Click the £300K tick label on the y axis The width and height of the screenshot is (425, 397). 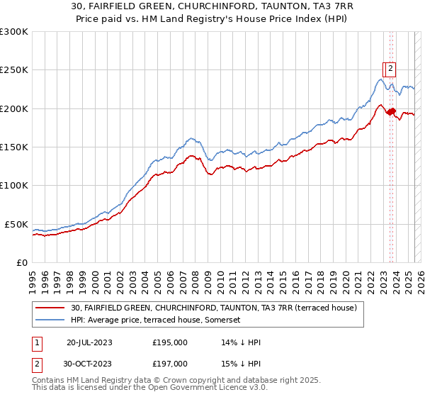[14, 32]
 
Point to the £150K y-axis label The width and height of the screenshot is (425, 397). [14, 147]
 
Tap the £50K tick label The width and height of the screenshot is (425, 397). [17, 224]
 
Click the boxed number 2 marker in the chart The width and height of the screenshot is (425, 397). [390, 69]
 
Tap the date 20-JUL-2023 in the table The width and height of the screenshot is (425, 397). [89, 342]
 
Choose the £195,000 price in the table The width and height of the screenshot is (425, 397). [170, 342]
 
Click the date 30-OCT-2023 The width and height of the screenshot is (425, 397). [89, 364]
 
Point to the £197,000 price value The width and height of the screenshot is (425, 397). [170, 364]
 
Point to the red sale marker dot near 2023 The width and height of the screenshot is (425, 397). [391, 111]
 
